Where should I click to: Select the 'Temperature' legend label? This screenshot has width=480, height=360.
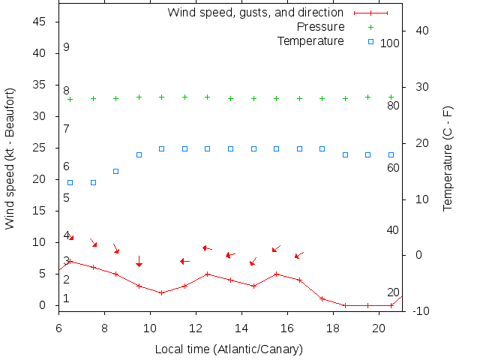tap(310, 40)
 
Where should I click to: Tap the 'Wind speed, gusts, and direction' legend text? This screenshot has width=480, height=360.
tap(255, 13)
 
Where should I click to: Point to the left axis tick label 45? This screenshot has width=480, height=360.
tap(41, 22)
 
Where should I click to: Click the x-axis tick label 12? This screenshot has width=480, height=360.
tap(196, 328)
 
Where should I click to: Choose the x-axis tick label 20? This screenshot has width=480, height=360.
tap(379, 328)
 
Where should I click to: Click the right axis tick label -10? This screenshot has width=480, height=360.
tap(421, 311)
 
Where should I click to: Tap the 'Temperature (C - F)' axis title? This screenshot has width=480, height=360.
tap(448, 158)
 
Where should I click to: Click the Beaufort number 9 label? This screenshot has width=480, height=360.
tap(67, 47)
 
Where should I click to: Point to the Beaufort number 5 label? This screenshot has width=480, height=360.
tap(67, 198)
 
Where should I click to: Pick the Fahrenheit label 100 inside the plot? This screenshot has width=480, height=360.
tap(390, 43)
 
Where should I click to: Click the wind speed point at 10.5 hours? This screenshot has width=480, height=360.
tap(162, 292)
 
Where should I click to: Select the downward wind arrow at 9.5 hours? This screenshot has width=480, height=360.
tap(139, 260)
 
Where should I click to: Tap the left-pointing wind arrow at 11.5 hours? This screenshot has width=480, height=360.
tap(184, 261)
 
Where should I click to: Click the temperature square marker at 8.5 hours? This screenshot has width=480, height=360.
tap(116, 171)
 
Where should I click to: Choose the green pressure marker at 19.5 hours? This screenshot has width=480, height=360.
tap(368, 97)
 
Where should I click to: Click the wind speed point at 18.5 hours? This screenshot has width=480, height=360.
tap(345, 305)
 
